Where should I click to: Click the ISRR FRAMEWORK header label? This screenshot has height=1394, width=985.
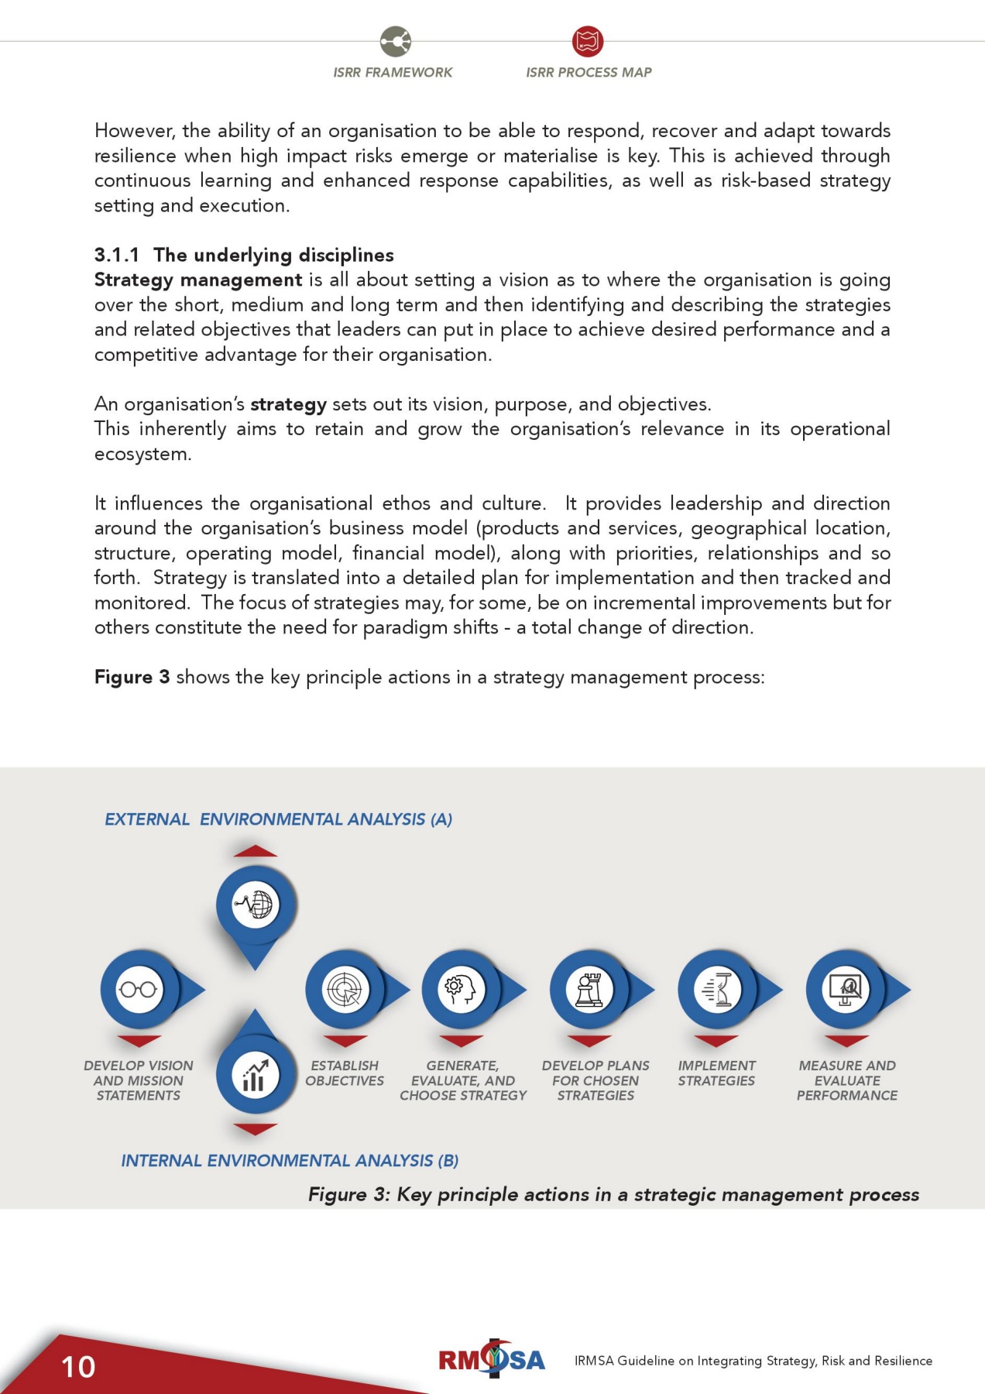click(x=393, y=72)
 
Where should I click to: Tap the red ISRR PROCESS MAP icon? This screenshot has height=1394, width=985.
click(x=588, y=41)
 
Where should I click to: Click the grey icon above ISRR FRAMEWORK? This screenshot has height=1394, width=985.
click(x=396, y=41)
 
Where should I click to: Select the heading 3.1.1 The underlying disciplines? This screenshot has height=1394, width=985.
click(x=244, y=255)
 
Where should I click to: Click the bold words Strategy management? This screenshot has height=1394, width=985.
click(x=198, y=280)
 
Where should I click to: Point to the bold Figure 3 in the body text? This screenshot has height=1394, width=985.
click(x=132, y=677)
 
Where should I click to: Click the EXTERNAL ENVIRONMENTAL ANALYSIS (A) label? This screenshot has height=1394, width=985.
click(x=278, y=819)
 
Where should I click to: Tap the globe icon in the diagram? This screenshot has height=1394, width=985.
click(x=256, y=905)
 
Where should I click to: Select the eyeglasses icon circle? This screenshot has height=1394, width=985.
click(x=139, y=989)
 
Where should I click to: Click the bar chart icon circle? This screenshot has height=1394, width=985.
click(x=256, y=1075)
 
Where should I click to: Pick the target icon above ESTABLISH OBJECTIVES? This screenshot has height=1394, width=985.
click(x=345, y=989)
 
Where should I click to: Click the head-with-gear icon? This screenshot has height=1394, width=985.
click(x=462, y=989)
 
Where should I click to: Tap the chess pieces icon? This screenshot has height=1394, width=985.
click(x=589, y=989)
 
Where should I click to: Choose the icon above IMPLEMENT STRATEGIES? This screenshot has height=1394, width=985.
click(x=717, y=989)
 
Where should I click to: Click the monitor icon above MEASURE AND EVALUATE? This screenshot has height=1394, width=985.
click(x=846, y=989)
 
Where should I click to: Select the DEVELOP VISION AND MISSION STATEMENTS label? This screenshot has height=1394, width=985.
click(x=139, y=1080)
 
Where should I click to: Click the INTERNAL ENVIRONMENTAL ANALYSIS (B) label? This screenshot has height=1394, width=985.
click(x=290, y=1160)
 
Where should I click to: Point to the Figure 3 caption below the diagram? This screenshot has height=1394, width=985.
click(x=613, y=1194)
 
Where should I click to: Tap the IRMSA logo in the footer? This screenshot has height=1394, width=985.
click(x=492, y=1359)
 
